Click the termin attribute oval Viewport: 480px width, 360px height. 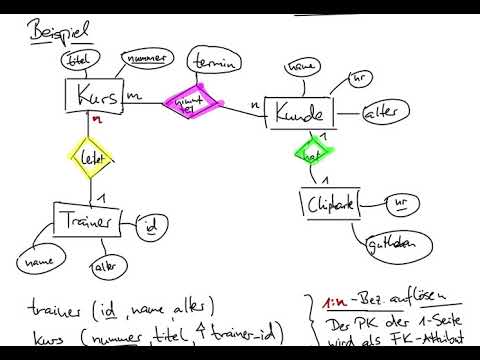pyautogui.click(x=216, y=60)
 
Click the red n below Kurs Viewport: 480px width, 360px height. pyautogui.click(x=97, y=119)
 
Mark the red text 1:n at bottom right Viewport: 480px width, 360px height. pyautogui.click(x=335, y=300)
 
